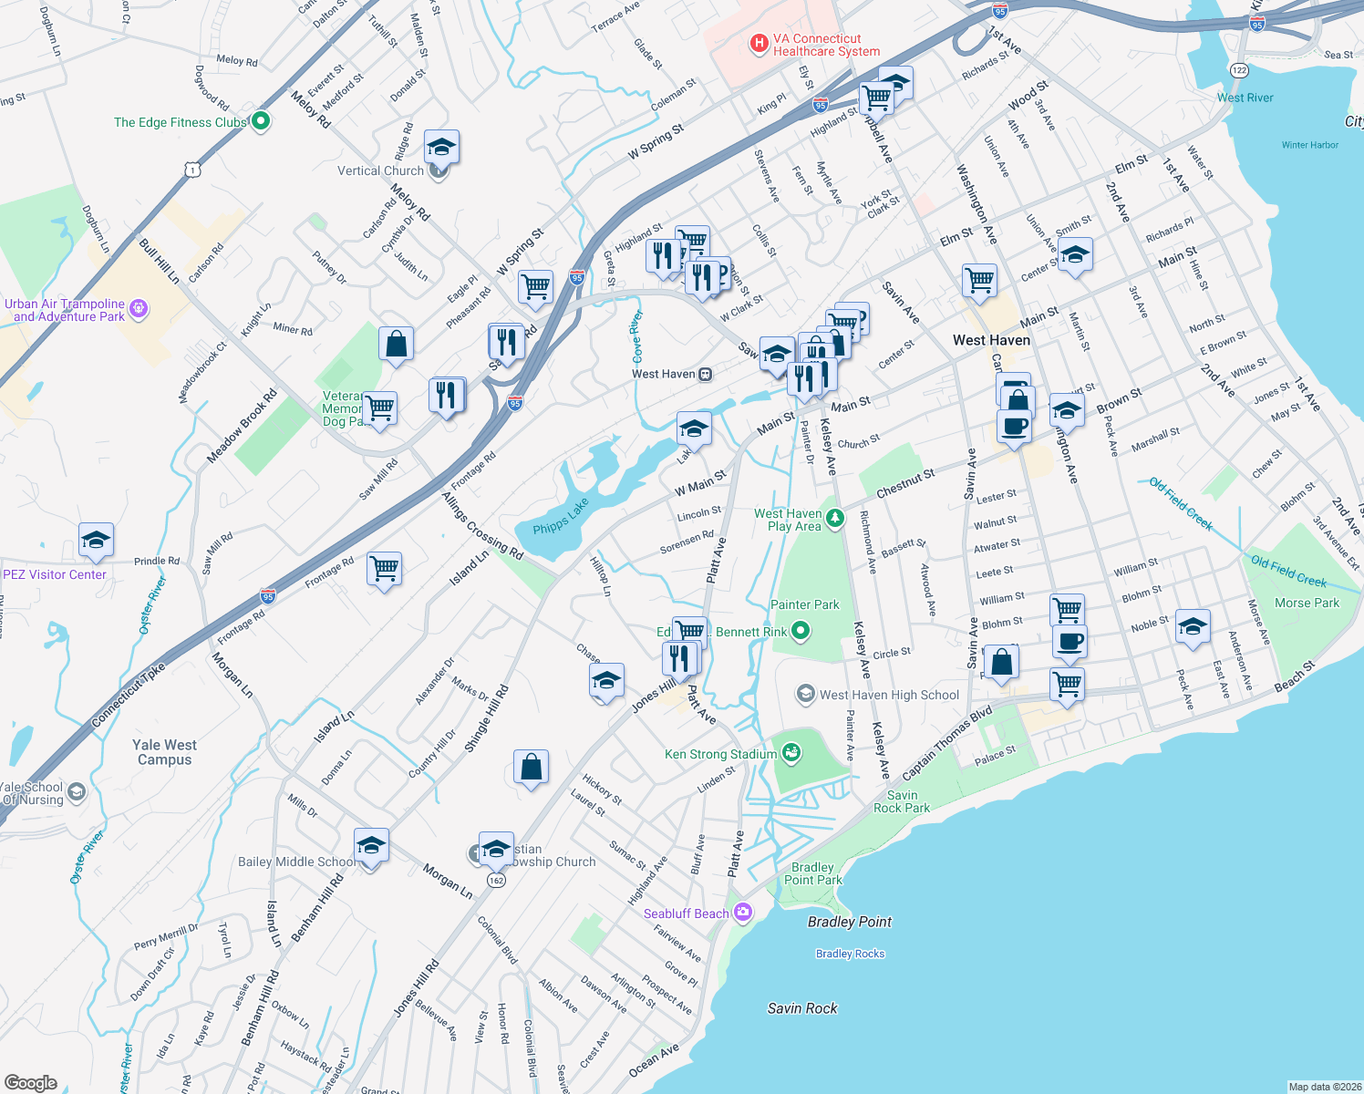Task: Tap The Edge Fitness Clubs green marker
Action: [260, 121]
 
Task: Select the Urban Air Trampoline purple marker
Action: [139, 309]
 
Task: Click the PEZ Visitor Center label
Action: [55, 574]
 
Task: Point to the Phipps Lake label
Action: [561, 517]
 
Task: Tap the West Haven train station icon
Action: [705, 375]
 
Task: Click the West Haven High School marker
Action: [805, 695]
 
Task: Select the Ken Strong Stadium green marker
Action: [791, 753]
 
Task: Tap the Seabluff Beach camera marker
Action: [743, 913]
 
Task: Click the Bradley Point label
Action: [850, 922]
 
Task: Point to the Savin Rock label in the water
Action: [802, 1008]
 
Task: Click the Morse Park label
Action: [1307, 603]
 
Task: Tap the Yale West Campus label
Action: [164, 752]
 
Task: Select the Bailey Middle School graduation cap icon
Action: [371, 847]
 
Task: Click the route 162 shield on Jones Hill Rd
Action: [496, 880]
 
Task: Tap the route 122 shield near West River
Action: [1238, 70]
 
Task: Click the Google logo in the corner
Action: [30, 1083]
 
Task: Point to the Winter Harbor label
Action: [1309, 145]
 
